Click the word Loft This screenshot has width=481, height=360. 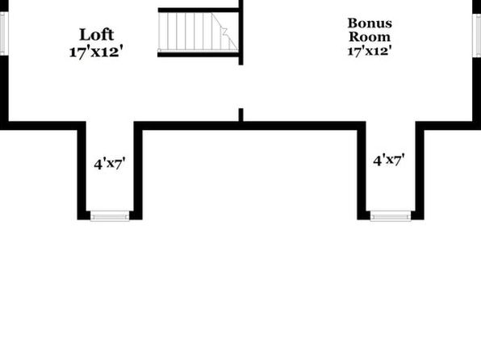pos(97,35)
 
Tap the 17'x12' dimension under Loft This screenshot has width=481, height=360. pos(98,52)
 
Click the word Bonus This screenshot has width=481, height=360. pos(370,23)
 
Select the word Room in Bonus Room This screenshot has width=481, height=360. pos(370,37)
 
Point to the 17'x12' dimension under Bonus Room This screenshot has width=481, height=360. pos(370,51)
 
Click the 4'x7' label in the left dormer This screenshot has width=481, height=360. pos(110,164)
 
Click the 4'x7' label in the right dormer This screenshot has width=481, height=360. pos(389,160)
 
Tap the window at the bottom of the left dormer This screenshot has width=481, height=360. pos(110,216)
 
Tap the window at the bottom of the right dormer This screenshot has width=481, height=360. pos(391,216)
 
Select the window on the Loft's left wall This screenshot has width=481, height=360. pos(3,33)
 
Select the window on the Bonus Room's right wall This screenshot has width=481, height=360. pos(477,36)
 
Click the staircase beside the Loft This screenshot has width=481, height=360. pos(199,32)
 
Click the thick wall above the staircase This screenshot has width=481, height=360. pos(199,10)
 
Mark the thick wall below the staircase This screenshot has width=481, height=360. pos(199,55)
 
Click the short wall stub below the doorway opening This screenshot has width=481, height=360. pos(241,115)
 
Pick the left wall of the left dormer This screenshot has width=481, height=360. pos(82,170)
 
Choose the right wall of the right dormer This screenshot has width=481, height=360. pos(420,170)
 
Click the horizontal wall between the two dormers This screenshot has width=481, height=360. pos(250,126)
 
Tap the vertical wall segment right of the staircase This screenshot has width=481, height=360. pos(241,32)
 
